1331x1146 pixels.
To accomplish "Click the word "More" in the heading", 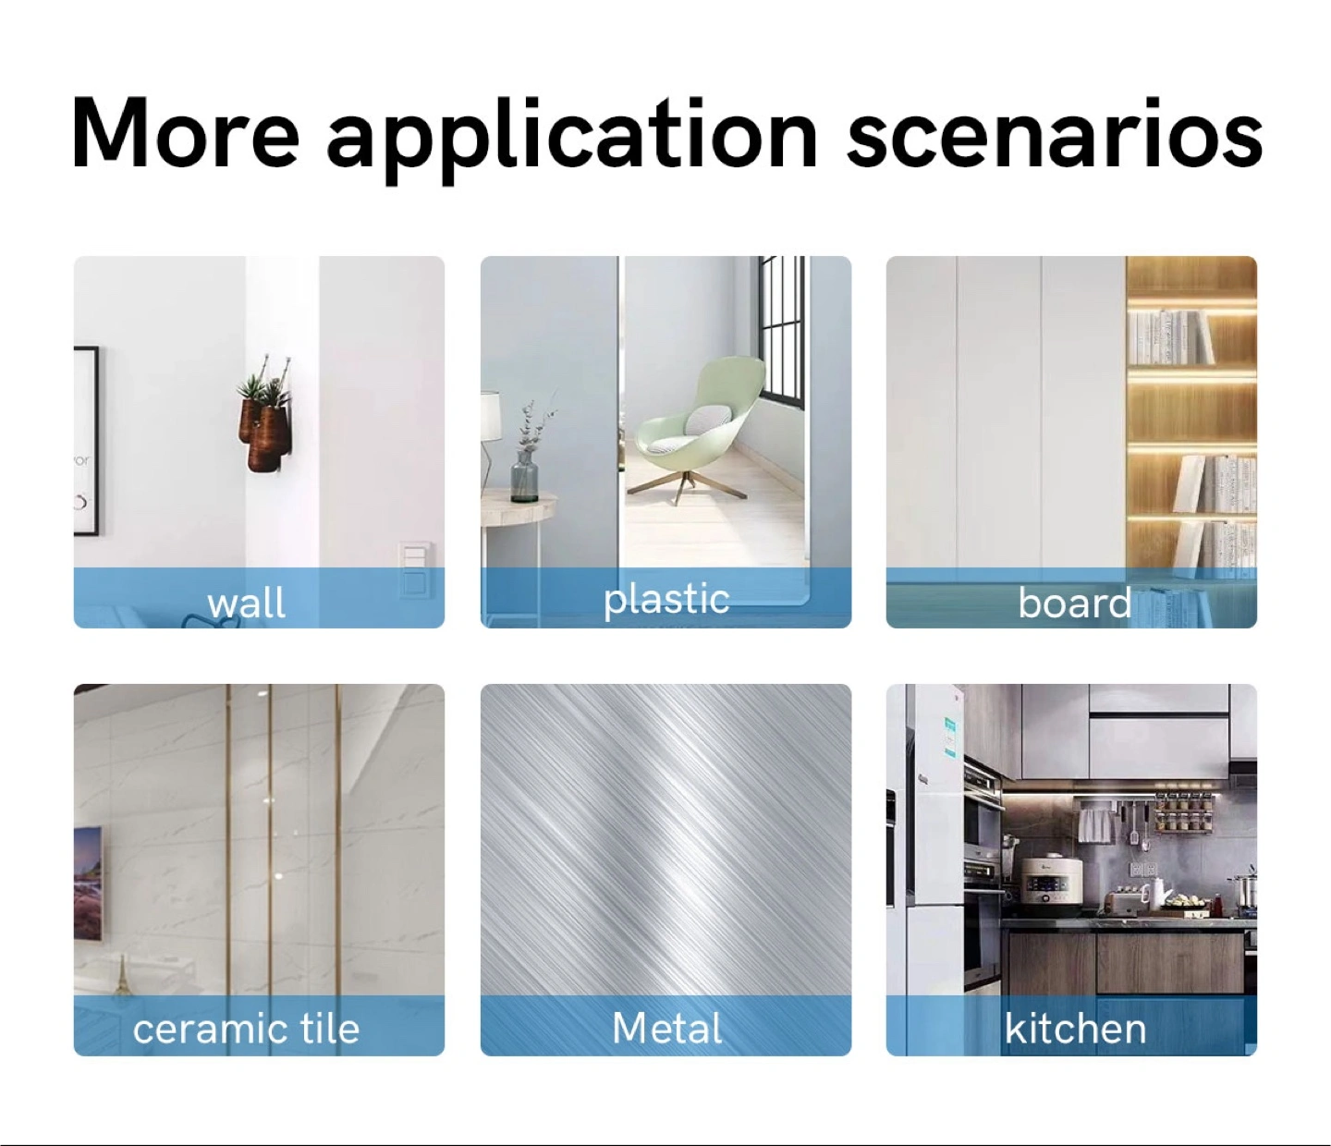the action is click(x=186, y=133).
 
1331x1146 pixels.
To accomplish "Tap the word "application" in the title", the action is click(x=572, y=140).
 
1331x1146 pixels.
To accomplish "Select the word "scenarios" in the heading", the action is click(x=1054, y=133).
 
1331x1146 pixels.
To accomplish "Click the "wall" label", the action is click(x=246, y=603).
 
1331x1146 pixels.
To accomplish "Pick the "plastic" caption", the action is click(x=666, y=600).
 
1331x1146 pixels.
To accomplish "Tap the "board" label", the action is click(x=1074, y=603).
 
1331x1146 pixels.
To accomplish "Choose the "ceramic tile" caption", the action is click(x=246, y=1029).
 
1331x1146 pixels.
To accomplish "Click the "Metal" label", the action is click(x=666, y=1028).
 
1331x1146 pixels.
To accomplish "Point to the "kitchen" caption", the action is click(x=1075, y=1028).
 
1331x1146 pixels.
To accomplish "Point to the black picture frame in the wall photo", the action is click(x=87, y=440).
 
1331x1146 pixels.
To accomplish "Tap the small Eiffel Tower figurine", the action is click(x=122, y=977).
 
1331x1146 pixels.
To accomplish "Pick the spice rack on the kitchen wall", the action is click(x=1183, y=812).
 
